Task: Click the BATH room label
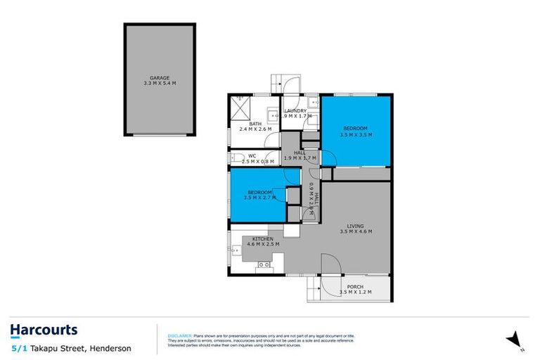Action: point(255,124)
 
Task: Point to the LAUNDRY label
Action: point(295,111)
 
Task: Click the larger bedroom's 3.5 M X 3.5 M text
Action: point(354,134)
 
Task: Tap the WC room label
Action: point(250,156)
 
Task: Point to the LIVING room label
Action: point(355,226)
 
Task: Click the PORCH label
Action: point(355,286)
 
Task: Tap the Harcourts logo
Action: point(44,330)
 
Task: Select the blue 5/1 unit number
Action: point(20,348)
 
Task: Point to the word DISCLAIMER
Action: point(179,335)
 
